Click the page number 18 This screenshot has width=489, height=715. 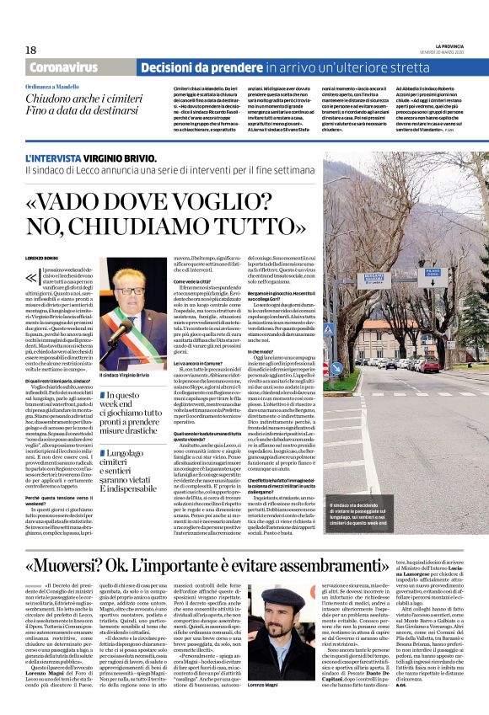31,51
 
